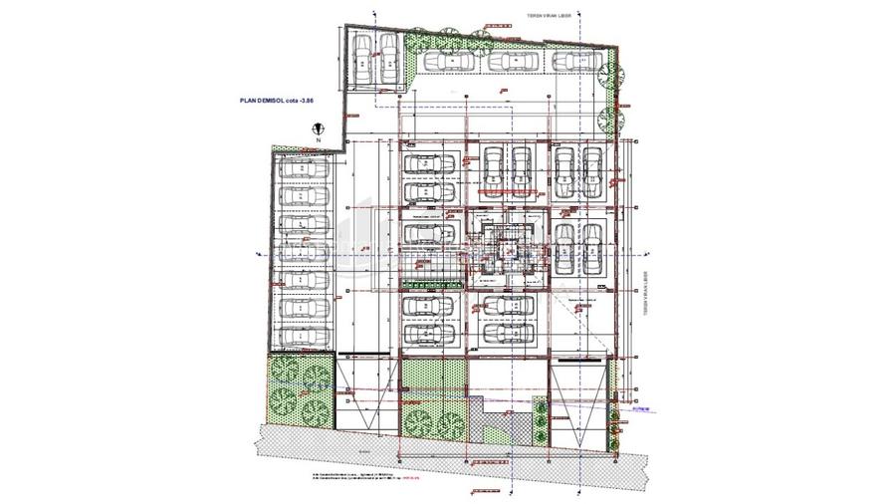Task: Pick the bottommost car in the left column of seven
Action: tap(303, 337)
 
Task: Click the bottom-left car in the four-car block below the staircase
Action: tap(430, 330)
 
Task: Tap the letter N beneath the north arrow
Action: tap(318, 142)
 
